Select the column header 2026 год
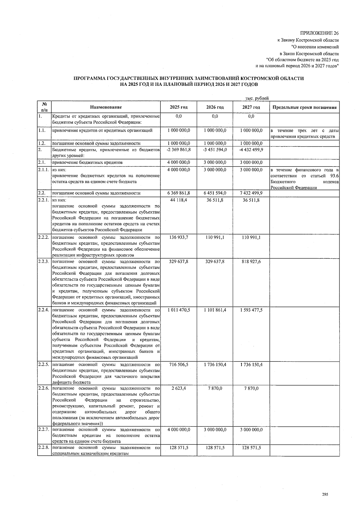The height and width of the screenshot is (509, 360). [x=215, y=107]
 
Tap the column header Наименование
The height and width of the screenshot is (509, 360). [x=106, y=107]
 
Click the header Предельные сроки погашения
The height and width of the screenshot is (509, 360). [x=304, y=107]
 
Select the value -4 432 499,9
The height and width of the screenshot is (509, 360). [x=251, y=150]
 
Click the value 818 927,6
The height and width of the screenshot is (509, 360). [x=251, y=262]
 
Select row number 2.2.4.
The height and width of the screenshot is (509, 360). [x=44, y=310]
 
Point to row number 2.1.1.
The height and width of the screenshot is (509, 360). [x=44, y=170]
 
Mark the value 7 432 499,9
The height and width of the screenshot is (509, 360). [x=251, y=193]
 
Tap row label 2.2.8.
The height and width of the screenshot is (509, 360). [x=44, y=448]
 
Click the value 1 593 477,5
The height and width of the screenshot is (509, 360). [x=251, y=310]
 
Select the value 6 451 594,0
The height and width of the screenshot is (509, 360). [x=215, y=193]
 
